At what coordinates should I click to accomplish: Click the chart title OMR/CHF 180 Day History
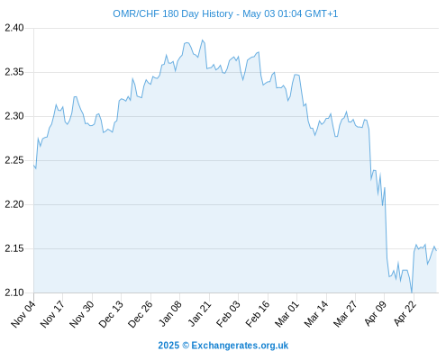click(x=173, y=14)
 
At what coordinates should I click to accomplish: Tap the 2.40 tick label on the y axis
click(x=14, y=28)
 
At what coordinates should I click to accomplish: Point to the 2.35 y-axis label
click(x=14, y=72)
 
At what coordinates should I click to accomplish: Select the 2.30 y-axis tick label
click(x=14, y=116)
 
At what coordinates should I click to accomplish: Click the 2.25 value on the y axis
click(x=14, y=160)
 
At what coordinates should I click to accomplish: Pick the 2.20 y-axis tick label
click(x=14, y=204)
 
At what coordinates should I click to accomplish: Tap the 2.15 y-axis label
click(x=14, y=248)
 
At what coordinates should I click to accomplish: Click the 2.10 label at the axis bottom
click(x=14, y=292)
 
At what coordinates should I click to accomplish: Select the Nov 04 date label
click(x=23, y=314)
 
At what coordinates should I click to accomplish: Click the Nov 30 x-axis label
click(x=82, y=314)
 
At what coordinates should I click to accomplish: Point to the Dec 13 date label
click(x=111, y=314)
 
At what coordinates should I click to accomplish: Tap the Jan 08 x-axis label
click(x=170, y=314)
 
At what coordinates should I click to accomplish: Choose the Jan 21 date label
click(x=199, y=314)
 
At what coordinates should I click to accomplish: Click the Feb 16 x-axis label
click(x=258, y=314)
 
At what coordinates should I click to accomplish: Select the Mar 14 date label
click(x=316, y=314)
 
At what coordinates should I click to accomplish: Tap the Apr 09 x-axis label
click(x=375, y=314)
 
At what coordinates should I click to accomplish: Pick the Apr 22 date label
click(x=405, y=314)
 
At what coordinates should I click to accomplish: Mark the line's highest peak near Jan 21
click(x=202, y=40)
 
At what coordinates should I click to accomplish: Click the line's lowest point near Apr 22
click(x=412, y=292)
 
